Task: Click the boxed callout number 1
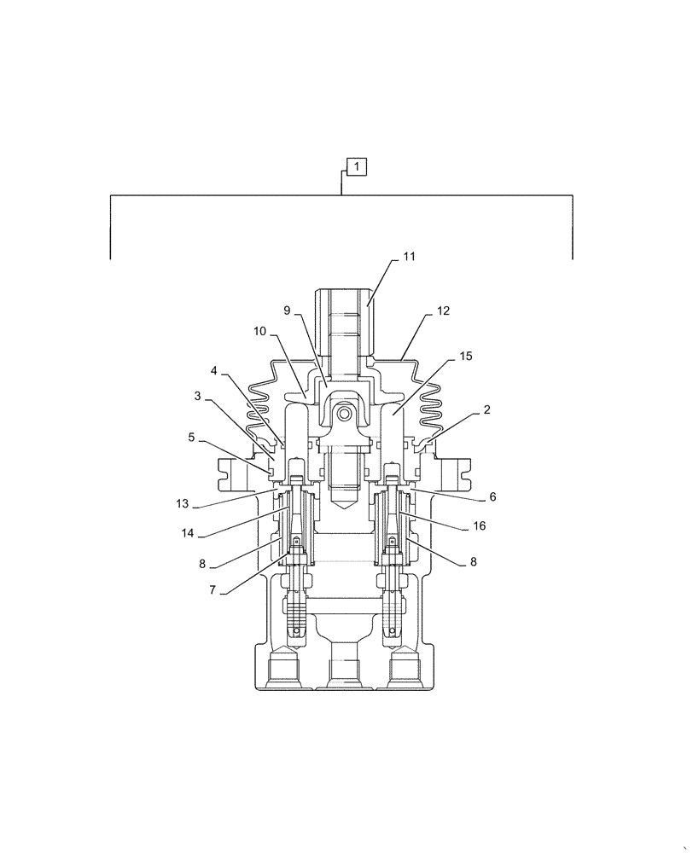[356, 165]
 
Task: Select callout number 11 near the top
[410, 256]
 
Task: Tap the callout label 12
[443, 311]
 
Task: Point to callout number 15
[465, 355]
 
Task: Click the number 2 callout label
[486, 409]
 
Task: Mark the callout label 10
[259, 329]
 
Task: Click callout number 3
[197, 397]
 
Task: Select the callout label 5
[193, 437]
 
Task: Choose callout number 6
[492, 496]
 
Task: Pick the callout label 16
[480, 526]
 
